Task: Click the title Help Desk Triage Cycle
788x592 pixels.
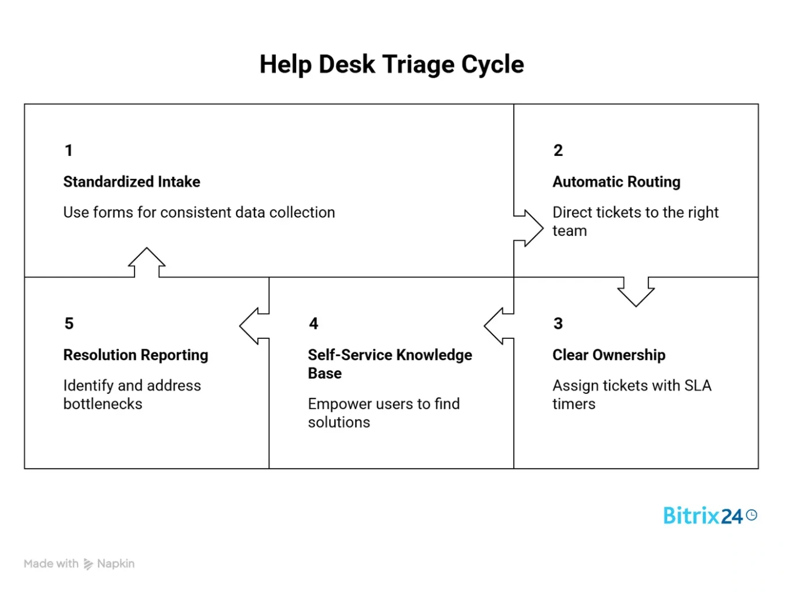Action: (x=392, y=64)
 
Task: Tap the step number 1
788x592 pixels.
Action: (x=68, y=151)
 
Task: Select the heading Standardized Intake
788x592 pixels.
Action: (x=132, y=182)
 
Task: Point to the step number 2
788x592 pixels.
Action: (x=558, y=151)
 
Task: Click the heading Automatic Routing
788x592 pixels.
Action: (x=616, y=182)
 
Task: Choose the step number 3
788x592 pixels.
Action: (x=558, y=323)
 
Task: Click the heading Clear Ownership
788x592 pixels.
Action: (x=608, y=355)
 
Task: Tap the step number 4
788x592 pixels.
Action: (x=313, y=323)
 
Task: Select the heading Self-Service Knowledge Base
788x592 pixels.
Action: (x=389, y=364)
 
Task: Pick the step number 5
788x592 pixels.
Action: (x=69, y=323)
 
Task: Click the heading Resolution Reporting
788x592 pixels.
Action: (x=136, y=355)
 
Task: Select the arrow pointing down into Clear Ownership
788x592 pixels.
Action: (x=636, y=291)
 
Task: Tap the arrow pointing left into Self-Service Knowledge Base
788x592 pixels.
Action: (x=498, y=326)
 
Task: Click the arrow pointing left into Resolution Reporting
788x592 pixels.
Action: (x=253, y=326)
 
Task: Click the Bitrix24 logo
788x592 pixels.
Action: (x=709, y=516)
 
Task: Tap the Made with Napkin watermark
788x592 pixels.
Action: (x=79, y=564)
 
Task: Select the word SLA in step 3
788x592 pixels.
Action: (x=698, y=386)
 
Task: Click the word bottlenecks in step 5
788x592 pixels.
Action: (x=103, y=404)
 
